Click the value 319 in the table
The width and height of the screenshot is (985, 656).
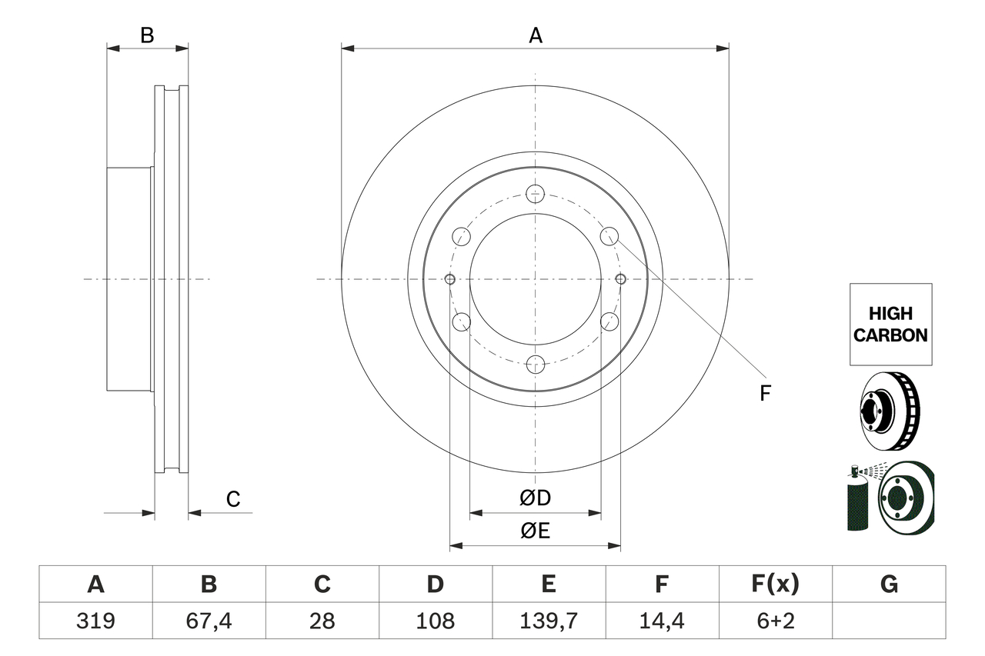[95, 621]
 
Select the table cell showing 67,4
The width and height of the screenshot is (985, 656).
[209, 621]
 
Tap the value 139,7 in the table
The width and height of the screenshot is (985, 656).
[548, 621]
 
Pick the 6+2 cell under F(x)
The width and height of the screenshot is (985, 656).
[775, 621]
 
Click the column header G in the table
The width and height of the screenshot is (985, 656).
[889, 584]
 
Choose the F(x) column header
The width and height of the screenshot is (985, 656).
[775, 584]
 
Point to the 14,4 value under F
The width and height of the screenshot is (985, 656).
[661, 621]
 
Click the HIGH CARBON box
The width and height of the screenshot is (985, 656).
[890, 324]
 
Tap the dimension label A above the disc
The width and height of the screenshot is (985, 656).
[536, 35]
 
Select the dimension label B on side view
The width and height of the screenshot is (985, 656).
[147, 35]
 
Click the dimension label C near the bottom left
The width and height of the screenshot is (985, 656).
[233, 499]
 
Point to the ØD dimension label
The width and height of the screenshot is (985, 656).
[536, 498]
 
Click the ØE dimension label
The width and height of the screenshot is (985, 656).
[536, 531]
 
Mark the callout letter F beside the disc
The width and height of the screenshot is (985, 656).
[765, 393]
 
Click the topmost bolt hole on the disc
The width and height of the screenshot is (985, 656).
[536, 193]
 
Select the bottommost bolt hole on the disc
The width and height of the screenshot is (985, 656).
[536, 365]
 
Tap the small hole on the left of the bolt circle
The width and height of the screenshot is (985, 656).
[451, 278]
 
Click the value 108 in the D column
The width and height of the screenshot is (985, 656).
[436, 621]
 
